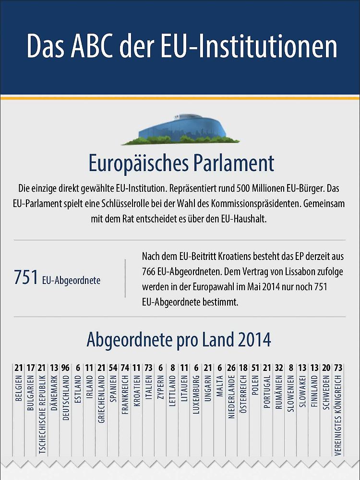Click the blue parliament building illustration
(180, 130)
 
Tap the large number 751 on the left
(26, 277)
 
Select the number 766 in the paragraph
(149, 271)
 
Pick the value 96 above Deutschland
(65, 368)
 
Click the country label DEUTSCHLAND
(66, 398)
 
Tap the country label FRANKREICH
(125, 395)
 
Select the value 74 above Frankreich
(125, 368)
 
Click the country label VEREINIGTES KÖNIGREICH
(338, 416)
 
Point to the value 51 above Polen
(255, 368)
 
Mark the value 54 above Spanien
(113, 368)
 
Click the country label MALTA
(220, 386)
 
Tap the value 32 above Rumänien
(279, 368)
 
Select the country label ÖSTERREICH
(243, 394)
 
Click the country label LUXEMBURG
(196, 395)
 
